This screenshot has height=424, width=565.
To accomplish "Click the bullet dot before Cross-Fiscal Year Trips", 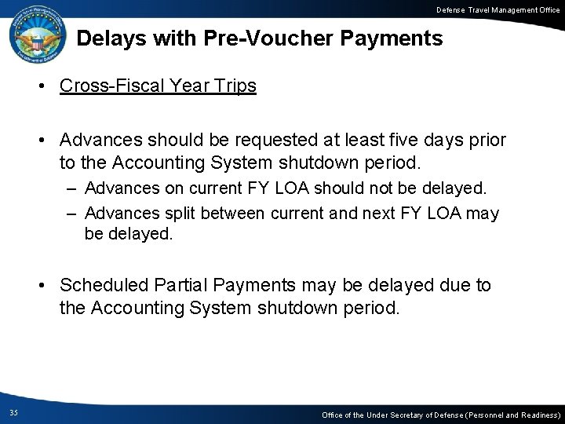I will click(47, 86).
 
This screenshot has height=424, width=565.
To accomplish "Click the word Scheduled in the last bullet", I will click(98, 285).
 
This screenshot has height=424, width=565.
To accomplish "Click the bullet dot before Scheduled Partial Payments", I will click(47, 286).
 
